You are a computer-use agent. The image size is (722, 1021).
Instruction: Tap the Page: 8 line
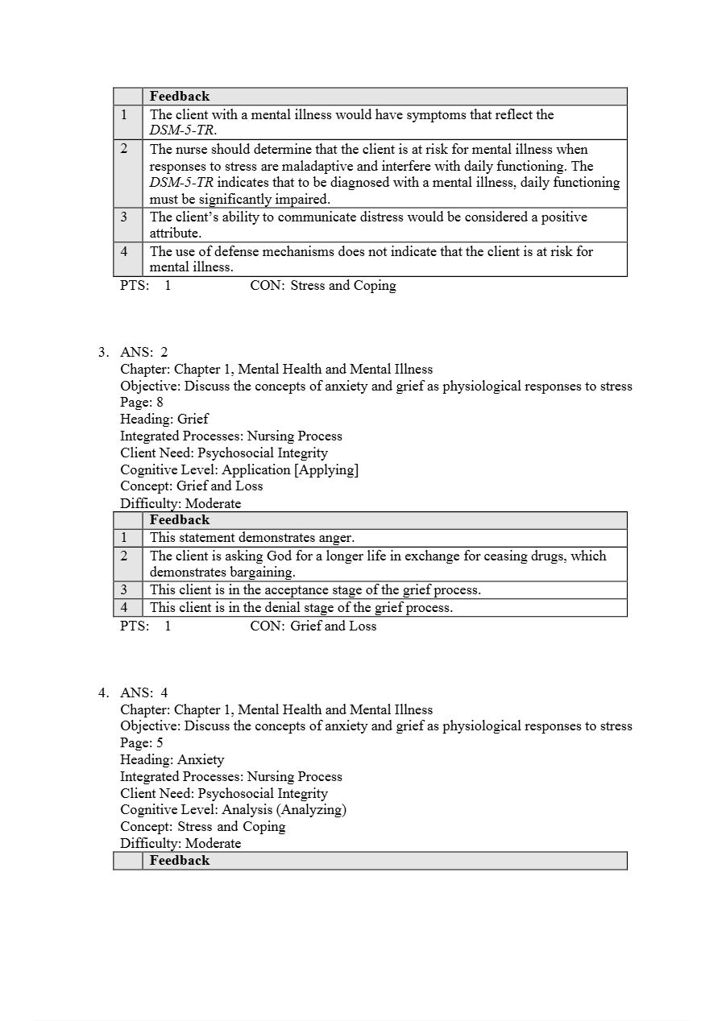tap(142, 403)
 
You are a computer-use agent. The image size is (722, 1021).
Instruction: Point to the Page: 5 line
tap(142, 743)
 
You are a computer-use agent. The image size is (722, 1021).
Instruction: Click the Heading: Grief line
tap(164, 420)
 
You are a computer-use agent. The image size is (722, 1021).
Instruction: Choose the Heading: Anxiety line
tap(172, 760)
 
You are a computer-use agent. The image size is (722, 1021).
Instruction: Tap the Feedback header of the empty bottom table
tap(180, 861)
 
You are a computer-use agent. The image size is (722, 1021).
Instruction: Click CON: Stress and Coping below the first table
tap(323, 286)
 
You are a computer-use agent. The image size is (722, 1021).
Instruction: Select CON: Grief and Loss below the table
tap(313, 626)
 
